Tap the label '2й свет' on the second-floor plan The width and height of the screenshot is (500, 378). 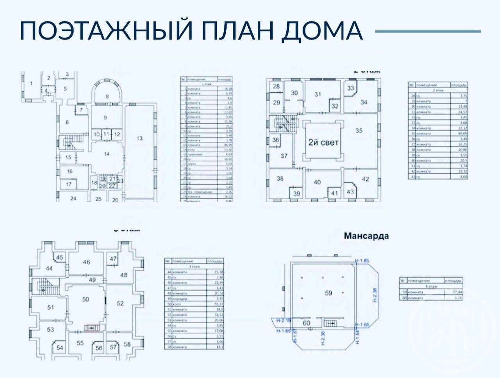click(x=323, y=142)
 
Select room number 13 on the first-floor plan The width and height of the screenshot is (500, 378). click(x=139, y=138)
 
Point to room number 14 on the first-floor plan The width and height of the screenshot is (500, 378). click(x=107, y=154)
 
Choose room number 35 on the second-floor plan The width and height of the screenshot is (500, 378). click(x=359, y=130)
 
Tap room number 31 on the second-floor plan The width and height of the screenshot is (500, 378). click(x=318, y=94)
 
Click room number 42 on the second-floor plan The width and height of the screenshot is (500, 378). click(x=365, y=179)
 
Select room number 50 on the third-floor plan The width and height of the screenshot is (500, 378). click(x=85, y=299)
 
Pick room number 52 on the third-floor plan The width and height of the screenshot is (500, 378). click(x=120, y=303)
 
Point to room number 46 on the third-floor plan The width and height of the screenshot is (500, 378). click(x=86, y=262)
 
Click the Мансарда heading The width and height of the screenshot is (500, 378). click(x=366, y=236)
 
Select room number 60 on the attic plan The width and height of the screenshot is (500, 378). click(x=306, y=323)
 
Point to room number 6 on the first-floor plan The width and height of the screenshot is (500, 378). click(x=67, y=122)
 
